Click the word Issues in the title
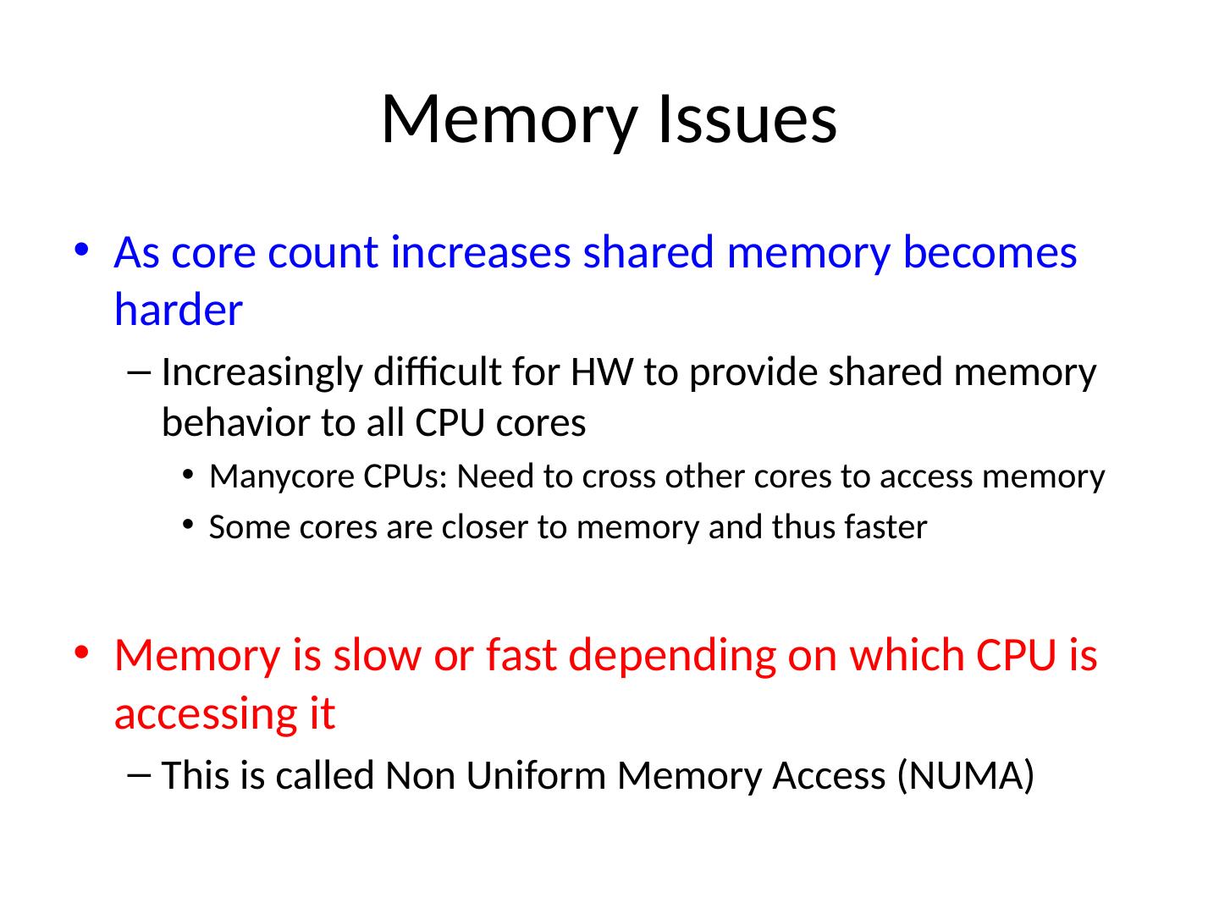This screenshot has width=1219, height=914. pyautogui.click(x=747, y=119)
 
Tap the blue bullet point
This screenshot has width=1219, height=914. pyautogui.click(x=81, y=250)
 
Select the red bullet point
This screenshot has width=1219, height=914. pyautogui.click(x=81, y=652)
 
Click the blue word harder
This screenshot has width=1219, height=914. pyautogui.click(x=179, y=309)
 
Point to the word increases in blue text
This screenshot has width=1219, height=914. pyautogui.click(x=480, y=252)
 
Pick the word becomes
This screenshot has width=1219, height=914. pyautogui.click(x=990, y=252)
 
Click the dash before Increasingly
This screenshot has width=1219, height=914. pyautogui.click(x=138, y=372)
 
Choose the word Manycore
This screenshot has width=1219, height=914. pyautogui.click(x=282, y=477)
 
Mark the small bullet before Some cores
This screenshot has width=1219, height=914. pyautogui.click(x=188, y=523)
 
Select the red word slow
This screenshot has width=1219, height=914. pyautogui.click(x=377, y=655)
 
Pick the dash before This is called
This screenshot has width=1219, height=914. pyautogui.click(x=138, y=775)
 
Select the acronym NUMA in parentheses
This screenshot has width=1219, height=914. pyautogui.click(x=965, y=775)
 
